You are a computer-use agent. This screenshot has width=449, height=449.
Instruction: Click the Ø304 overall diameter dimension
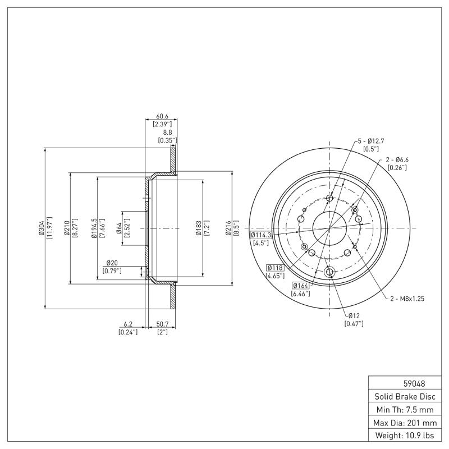point(41,228)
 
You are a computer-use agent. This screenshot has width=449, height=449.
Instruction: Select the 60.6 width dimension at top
point(161,116)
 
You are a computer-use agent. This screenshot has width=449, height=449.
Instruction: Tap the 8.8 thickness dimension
point(167,132)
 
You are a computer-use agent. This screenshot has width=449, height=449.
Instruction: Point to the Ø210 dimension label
point(67,228)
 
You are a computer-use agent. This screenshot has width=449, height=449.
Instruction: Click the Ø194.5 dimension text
point(94,228)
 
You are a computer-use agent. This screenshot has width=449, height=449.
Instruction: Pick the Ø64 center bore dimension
point(119,228)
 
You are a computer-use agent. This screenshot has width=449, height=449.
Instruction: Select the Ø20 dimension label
point(111,263)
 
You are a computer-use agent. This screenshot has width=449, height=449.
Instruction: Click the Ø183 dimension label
point(199,228)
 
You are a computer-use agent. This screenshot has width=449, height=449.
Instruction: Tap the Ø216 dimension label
point(230,228)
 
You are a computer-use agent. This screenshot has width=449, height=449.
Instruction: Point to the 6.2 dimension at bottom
point(127,324)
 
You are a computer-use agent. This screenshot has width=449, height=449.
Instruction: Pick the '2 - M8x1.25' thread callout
point(407,299)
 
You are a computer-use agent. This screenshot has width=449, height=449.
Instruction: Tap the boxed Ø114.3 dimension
point(260,235)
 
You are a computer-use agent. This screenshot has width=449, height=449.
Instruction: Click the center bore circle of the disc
point(329,228)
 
